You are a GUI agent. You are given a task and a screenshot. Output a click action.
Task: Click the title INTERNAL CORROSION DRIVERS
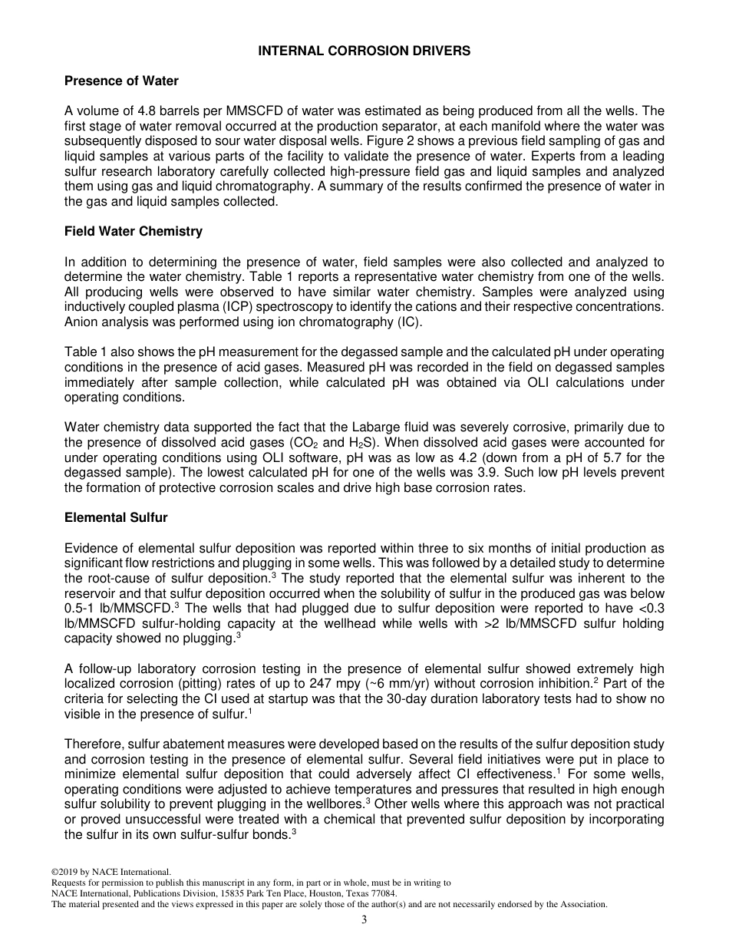[x=364, y=51]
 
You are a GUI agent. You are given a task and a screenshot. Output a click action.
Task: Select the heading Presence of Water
[x=121, y=81]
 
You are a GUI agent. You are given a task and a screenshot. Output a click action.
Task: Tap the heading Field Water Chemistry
[x=134, y=231]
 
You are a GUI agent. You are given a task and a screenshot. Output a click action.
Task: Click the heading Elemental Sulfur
[x=116, y=517]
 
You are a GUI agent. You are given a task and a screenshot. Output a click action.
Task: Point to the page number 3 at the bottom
[x=364, y=920]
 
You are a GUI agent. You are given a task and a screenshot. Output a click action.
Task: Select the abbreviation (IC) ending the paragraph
[x=411, y=322]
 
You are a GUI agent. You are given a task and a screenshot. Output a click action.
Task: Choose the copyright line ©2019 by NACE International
[x=111, y=872]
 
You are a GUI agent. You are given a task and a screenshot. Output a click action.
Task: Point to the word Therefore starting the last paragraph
[x=94, y=744]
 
